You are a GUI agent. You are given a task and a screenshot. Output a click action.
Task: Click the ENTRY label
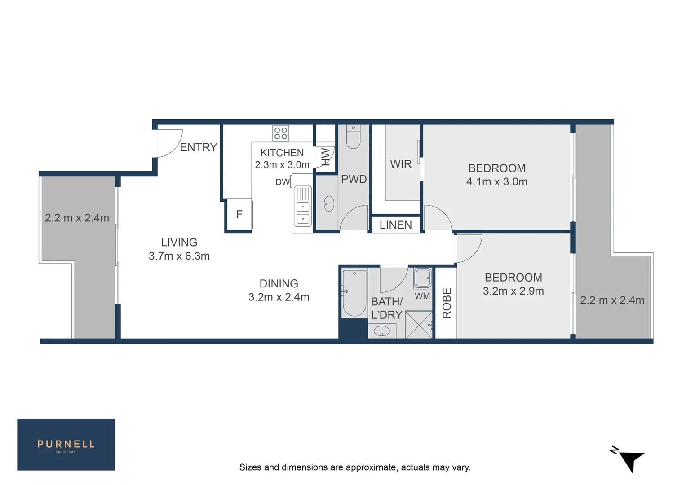coord(198,147)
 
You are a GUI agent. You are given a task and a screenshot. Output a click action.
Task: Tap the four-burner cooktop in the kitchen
coord(281,133)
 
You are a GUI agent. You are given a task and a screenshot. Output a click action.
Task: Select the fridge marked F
coord(239,215)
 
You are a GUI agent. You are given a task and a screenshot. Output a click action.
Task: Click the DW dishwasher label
coord(282,182)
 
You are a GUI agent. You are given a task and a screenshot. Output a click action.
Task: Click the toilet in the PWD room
coord(354,137)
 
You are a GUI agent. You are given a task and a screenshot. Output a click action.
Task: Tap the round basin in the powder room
coord(329,203)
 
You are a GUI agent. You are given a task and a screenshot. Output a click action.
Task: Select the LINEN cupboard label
coord(395,225)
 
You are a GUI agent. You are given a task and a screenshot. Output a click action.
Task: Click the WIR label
coord(401,164)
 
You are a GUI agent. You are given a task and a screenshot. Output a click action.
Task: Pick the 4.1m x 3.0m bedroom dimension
coord(496,182)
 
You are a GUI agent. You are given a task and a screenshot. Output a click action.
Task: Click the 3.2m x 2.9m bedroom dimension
coord(513,291)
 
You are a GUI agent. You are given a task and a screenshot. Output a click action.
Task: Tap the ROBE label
coord(447,304)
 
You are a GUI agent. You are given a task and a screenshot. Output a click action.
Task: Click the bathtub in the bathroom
coord(354,293)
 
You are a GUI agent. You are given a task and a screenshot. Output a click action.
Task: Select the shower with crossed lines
coord(418,325)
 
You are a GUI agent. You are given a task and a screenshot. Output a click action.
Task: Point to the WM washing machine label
coord(422,296)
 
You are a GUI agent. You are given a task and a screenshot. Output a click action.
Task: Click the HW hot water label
coord(325,157)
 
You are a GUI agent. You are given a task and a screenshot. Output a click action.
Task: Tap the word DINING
coord(279,284)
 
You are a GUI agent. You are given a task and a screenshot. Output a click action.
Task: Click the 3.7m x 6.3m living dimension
coord(179,256)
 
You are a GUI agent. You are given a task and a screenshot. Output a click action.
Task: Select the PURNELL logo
coord(66,445)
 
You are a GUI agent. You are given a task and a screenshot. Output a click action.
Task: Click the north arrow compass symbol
coord(631,459)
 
